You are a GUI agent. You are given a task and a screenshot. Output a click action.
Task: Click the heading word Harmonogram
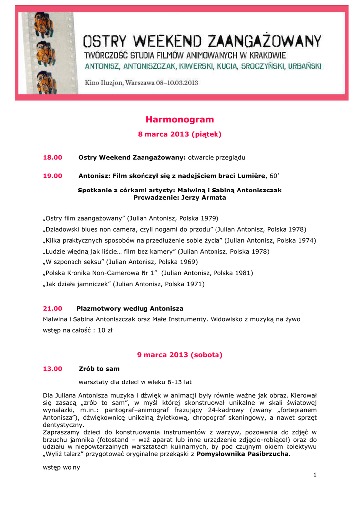(180, 120)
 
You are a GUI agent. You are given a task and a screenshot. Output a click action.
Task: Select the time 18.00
(52, 157)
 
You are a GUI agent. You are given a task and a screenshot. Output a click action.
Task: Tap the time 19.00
(52, 175)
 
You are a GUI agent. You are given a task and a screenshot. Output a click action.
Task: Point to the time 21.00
(52, 308)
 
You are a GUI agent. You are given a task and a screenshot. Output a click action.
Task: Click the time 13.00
(52, 369)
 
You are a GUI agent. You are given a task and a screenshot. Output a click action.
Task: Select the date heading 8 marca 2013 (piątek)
(180, 134)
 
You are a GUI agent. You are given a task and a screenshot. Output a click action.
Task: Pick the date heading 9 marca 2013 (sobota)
(180, 355)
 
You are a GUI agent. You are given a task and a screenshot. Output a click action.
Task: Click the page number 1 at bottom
(315, 475)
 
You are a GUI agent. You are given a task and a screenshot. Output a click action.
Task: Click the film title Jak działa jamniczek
(77, 284)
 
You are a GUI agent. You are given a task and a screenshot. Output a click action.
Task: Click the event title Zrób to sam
(99, 369)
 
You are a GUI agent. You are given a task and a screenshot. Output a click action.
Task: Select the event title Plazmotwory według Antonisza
(130, 308)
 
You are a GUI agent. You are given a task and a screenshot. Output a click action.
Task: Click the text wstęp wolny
(62, 467)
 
